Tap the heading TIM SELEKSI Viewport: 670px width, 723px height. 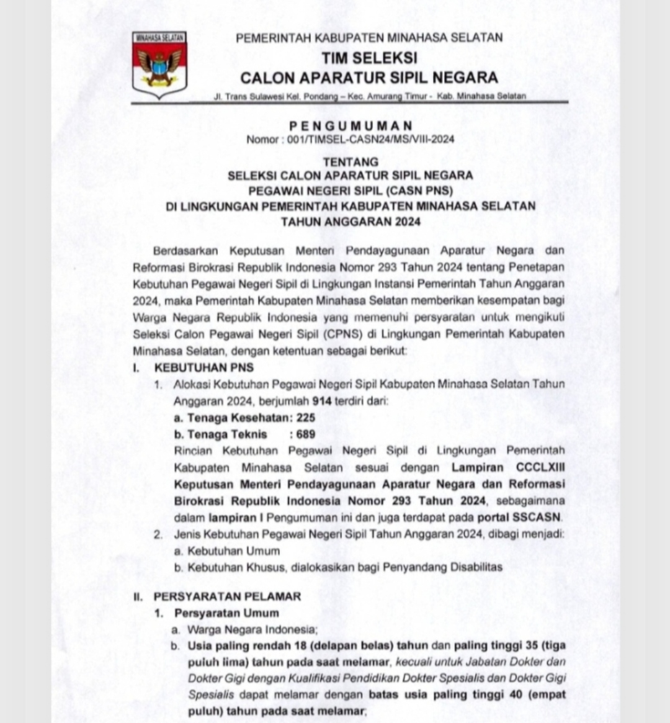(x=369, y=58)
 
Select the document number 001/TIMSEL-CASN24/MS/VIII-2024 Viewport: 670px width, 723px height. (x=370, y=139)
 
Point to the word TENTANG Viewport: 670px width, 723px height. (x=351, y=162)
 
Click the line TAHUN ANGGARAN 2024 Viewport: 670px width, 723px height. (x=351, y=222)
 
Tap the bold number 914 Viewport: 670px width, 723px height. (x=321, y=400)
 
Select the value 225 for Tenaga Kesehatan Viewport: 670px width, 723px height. (x=306, y=418)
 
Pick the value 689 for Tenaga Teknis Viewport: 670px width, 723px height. (x=306, y=434)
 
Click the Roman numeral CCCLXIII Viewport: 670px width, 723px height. (x=540, y=467)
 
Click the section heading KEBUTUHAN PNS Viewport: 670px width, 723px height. (x=204, y=367)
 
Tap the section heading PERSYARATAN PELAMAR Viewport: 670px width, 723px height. (x=227, y=596)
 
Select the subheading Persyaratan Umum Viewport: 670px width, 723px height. (x=226, y=613)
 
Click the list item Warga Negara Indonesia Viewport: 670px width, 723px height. (x=252, y=629)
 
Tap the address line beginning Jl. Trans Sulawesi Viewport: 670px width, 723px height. (x=369, y=96)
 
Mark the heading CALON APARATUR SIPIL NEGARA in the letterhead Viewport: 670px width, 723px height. (x=369, y=78)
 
